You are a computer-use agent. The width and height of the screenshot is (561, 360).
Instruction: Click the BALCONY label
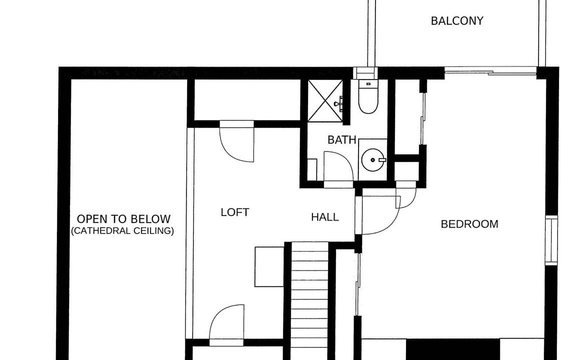coord(457,21)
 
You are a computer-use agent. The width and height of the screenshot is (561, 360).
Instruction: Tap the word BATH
coord(341,140)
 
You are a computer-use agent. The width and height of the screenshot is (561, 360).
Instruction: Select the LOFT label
coord(234,212)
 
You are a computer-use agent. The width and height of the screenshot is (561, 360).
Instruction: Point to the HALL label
coord(325,217)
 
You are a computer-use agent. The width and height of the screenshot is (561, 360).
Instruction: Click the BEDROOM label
coord(469,224)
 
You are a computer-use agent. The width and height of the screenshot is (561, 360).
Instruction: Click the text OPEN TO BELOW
coord(124,219)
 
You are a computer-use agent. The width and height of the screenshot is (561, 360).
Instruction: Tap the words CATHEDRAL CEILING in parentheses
coord(122,231)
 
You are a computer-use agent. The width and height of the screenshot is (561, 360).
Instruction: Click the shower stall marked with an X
coord(325,100)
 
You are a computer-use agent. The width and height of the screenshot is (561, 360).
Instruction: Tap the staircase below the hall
coord(310,300)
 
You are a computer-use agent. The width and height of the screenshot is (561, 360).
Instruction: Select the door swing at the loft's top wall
coord(237,142)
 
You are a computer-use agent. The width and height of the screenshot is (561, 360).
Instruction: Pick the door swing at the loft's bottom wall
coord(227,323)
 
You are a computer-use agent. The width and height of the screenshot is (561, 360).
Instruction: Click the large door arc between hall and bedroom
coord(381,215)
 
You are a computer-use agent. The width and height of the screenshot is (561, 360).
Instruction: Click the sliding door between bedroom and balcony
coord(490,72)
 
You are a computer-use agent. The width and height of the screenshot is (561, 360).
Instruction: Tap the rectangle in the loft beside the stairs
coord(269,266)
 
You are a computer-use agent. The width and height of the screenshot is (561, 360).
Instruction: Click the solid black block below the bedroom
coord(453,349)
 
